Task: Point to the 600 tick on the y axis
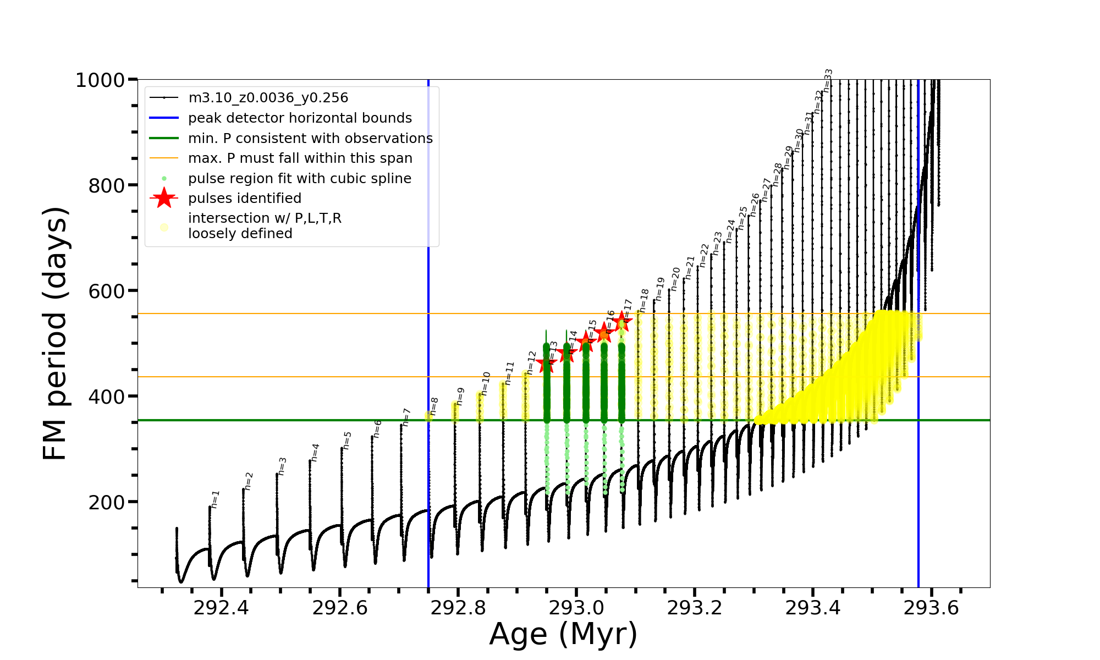coord(107,291)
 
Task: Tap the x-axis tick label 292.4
coord(221,608)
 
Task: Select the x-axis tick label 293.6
coord(931,608)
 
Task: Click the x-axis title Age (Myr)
coord(563,634)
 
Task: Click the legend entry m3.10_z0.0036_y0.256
coord(268,98)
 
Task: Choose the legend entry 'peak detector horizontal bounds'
coord(300,118)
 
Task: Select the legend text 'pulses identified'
coord(245,199)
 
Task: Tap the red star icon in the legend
coord(164,198)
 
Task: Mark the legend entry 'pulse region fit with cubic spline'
coord(300,179)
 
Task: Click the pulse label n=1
coord(215,499)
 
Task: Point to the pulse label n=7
coord(406,417)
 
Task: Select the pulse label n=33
coord(828,80)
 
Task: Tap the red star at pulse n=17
coord(622,322)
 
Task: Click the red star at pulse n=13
coord(547,364)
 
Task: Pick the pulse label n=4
coord(315,452)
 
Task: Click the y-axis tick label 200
coord(107,502)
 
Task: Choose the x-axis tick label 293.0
coord(576,608)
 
